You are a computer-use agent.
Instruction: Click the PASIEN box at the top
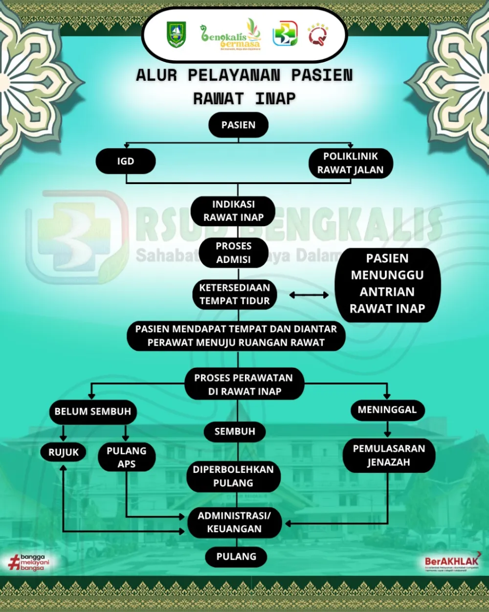(238, 125)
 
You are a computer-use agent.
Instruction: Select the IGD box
(126, 161)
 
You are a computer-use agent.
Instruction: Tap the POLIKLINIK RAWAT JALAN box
(351, 163)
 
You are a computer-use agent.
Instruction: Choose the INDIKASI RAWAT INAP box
(233, 211)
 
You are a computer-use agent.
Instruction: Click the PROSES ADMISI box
(233, 253)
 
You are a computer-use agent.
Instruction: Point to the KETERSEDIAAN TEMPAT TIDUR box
(234, 294)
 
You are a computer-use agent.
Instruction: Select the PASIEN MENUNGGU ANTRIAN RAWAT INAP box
(387, 284)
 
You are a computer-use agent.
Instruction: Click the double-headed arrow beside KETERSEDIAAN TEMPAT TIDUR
(309, 295)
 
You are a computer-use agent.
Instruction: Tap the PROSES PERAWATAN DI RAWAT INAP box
(244, 384)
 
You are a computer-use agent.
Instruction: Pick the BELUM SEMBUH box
(93, 412)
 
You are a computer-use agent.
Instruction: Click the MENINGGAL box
(387, 410)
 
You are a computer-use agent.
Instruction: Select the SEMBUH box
(235, 431)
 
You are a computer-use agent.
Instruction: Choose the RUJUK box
(64, 452)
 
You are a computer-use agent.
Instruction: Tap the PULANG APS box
(127, 457)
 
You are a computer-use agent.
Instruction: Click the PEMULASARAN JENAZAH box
(389, 455)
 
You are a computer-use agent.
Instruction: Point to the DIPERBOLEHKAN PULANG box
(233, 476)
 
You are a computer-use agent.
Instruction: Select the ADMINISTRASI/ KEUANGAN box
(234, 522)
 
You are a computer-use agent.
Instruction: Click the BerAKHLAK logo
(452, 562)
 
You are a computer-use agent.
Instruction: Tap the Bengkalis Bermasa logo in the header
(230, 35)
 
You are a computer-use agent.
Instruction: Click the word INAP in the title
(276, 98)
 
